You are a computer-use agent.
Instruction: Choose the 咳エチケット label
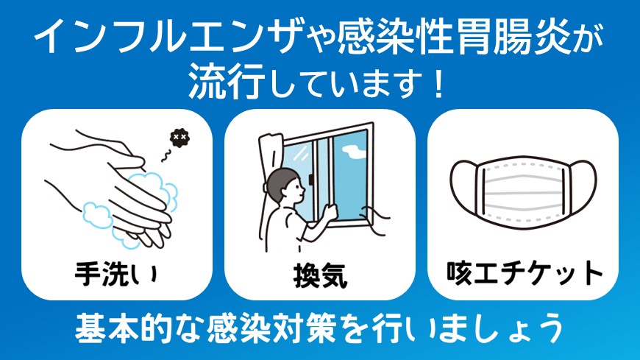click(525, 273)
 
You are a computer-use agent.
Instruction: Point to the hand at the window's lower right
click(379, 221)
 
